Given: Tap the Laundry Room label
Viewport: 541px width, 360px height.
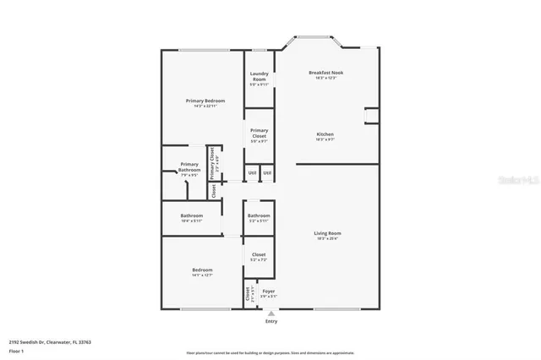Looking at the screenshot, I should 259,77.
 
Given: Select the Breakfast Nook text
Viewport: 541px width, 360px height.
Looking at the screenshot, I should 325,74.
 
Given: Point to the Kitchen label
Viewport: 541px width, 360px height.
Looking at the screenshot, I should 325,134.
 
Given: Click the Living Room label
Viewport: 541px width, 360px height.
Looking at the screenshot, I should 328,233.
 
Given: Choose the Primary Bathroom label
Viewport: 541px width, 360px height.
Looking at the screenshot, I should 189,167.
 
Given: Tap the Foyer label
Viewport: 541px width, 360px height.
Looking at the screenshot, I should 268,291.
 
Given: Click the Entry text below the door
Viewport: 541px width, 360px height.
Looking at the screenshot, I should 271,321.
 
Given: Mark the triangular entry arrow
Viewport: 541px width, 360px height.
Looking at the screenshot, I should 271,313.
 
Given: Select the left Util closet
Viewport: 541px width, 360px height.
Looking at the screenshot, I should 252,173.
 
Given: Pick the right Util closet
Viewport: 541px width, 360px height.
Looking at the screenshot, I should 267,173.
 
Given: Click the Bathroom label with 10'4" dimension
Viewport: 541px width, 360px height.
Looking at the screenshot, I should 192,215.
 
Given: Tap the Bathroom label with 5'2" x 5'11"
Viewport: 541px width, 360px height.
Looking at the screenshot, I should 259,215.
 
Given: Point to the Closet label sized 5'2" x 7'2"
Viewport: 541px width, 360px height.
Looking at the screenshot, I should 259,254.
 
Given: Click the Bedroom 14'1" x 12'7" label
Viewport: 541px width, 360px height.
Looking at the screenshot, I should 203,270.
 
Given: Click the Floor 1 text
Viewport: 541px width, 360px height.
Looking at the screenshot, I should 16,350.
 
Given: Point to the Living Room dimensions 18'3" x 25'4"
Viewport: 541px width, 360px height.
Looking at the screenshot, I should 328,239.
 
